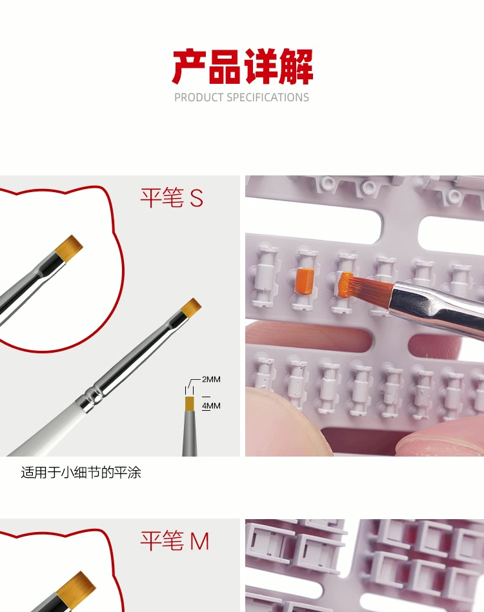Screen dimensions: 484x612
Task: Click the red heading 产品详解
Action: point(242,66)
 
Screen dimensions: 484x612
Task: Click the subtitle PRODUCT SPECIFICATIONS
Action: point(241,97)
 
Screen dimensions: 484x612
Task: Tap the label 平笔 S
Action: point(172,198)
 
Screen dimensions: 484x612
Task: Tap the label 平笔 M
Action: point(175,541)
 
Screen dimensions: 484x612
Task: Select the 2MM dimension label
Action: point(211,379)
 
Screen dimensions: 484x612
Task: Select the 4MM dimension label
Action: point(211,406)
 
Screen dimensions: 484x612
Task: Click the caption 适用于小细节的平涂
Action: point(81,473)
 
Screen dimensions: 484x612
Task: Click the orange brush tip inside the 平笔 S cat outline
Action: point(69,248)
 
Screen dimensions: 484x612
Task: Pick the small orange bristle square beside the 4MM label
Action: point(190,404)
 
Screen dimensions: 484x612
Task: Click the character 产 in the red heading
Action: point(190,66)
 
